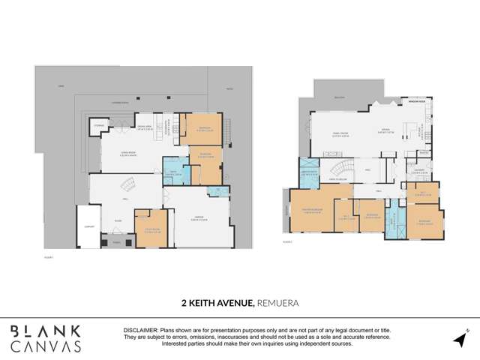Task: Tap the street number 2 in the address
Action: pos(183,303)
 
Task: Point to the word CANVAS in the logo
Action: pos(45,346)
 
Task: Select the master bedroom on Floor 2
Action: pos(316,214)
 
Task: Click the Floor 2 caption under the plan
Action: pos(289,242)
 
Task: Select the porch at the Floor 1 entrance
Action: pos(116,242)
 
